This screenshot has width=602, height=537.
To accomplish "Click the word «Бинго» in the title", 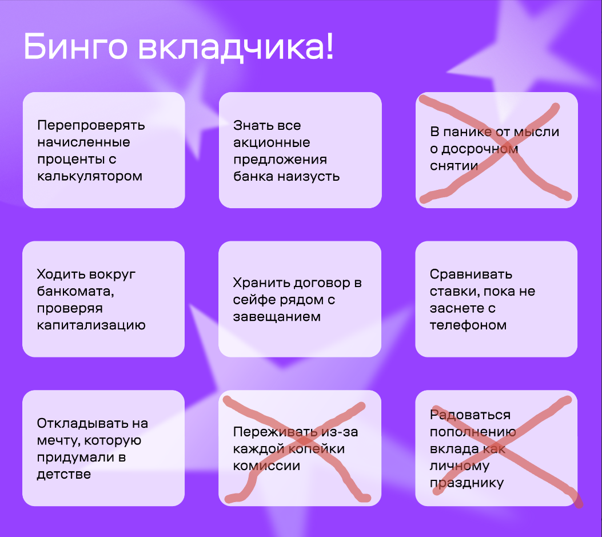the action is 75,47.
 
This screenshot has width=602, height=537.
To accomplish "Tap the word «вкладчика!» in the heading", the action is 236,47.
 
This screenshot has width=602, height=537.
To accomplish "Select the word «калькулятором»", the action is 90,176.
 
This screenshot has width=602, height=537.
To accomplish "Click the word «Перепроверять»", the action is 91,126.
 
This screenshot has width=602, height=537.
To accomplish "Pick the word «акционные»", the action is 272,143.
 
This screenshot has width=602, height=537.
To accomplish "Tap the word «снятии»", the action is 454,166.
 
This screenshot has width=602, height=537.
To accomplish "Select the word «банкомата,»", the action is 75,292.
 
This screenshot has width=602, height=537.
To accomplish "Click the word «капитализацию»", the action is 91,325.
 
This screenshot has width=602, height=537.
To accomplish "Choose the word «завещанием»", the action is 277,317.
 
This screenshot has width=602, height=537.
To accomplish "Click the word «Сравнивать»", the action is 471,275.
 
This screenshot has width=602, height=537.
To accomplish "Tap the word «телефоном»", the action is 468,325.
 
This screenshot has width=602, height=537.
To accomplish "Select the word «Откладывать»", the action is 82,423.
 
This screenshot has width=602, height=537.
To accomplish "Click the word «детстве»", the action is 63,475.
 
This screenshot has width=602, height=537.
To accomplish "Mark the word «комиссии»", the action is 266,466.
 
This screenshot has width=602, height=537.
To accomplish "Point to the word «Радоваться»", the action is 471,415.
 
